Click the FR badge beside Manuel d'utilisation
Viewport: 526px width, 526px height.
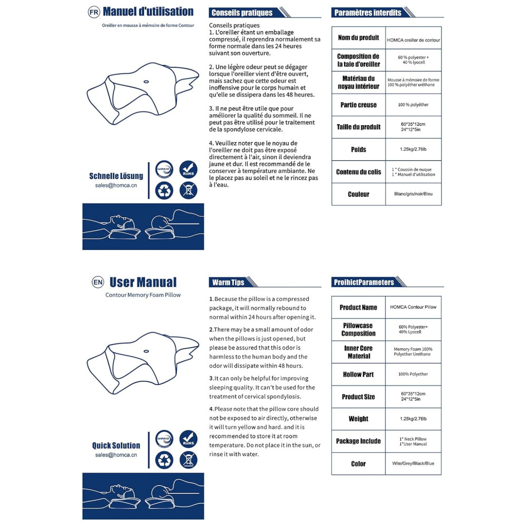(94, 12)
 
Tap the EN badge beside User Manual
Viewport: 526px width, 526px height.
(98, 282)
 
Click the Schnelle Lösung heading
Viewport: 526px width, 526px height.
(116, 176)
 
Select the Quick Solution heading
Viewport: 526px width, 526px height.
(116, 446)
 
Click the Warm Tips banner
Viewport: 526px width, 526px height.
(228, 282)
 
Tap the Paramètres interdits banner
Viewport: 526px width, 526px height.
(368, 13)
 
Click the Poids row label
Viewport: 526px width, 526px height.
(358, 150)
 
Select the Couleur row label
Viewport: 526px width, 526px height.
(358, 194)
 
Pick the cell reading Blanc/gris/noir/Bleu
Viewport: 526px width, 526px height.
(413, 194)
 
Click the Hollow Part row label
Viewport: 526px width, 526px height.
(358, 375)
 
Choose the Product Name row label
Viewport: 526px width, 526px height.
(358, 307)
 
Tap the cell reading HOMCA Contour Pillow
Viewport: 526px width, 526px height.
(413, 307)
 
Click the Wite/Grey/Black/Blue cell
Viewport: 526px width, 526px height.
(413, 464)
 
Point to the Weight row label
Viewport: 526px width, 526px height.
(358, 419)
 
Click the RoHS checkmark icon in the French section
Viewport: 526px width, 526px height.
(188, 169)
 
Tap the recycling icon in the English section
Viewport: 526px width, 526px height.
(165, 460)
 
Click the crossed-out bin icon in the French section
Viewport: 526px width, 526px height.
(188, 190)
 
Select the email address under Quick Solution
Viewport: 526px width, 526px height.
(116, 455)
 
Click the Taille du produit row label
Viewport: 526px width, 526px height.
(358, 127)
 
